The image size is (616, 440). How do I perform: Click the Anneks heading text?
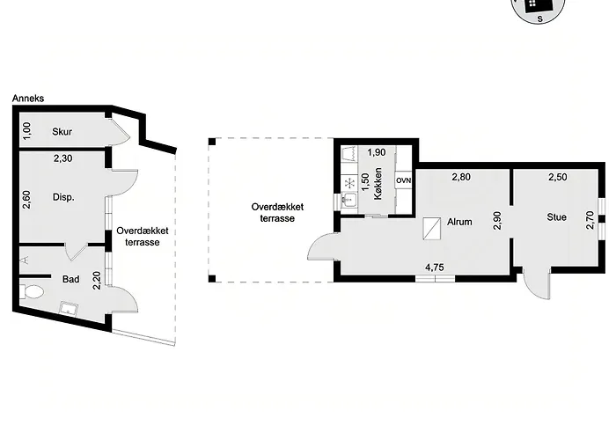point(28,99)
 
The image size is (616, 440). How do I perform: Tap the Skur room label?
point(62,132)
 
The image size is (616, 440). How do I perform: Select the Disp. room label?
point(63,197)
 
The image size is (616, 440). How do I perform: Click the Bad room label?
point(70,279)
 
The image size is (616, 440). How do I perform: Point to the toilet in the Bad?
point(32,292)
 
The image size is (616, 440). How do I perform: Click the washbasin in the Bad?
point(69,308)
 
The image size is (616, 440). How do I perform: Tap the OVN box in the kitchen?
point(403,180)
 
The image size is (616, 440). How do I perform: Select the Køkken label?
point(378,183)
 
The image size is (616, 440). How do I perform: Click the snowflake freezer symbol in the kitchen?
point(348,183)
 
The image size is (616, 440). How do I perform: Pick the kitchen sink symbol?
point(348,200)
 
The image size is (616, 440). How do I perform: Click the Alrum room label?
point(459,222)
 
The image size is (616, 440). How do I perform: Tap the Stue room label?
point(557,217)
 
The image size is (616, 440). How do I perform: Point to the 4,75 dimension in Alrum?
point(435,268)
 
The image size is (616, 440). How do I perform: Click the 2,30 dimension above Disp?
point(62,158)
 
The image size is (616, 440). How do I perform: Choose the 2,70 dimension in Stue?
point(590,220)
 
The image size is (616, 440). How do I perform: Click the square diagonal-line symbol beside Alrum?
point(431,229)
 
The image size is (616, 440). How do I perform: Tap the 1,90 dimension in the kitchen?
point(377,152)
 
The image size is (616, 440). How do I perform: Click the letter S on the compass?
point(540,18)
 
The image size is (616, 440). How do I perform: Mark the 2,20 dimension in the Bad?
point(97,281)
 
